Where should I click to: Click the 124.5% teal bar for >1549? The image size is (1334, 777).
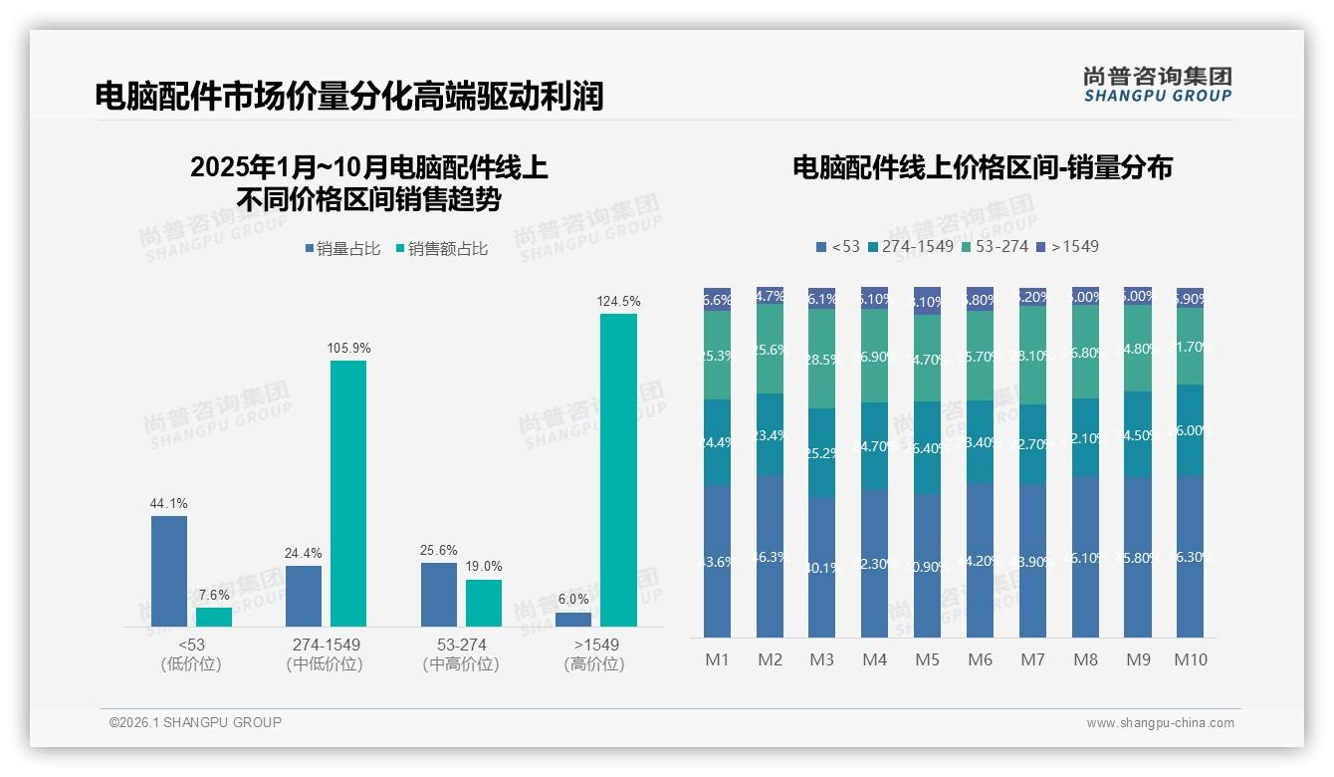click(x=618, y=470)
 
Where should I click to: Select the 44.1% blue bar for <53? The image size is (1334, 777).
click(x=169, y=571)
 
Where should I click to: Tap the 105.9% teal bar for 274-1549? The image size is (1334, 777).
click(x=348, y=493)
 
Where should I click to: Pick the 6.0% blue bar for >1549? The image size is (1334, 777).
click(x=573, y=620)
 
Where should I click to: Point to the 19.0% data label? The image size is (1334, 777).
click(x=484, y=567)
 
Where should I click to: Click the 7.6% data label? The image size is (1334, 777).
click(x=213, y=595)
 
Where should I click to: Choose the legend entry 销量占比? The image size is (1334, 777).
click(x=342, y=249)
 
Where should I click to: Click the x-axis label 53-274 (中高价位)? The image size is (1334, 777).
click(x=461, y=654)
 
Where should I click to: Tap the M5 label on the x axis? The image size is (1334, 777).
click(x=927, y=659)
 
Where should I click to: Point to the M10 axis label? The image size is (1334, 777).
click(x=1190, y=659)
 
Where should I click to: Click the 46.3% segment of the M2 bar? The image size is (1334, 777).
click(x=770, y=556)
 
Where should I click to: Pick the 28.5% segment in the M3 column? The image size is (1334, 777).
click(x=822, y=359)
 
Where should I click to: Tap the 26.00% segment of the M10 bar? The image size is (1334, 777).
click(x=1190, y=430)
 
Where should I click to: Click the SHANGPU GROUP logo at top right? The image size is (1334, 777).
click(x=1157, y=85)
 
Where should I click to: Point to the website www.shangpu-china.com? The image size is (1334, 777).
click(x=1160, y=723)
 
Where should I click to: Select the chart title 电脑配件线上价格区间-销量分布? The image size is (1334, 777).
click(x=982, y=167)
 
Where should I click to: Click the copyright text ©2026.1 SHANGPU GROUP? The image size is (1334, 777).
click(x=195, y=722)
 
